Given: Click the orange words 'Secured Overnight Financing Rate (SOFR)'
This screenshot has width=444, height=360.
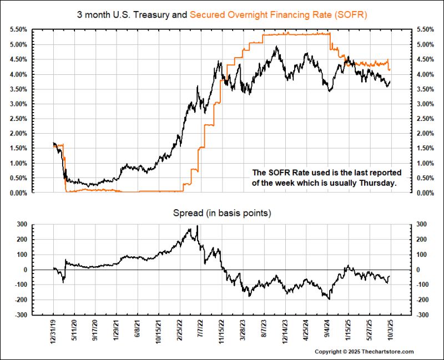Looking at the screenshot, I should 279,12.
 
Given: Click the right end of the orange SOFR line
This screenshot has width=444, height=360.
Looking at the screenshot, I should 390,70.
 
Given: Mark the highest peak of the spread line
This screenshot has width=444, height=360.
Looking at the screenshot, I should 198,226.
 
